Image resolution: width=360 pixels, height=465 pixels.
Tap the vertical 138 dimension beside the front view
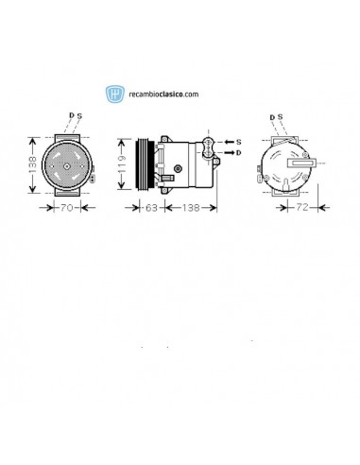[34, 162]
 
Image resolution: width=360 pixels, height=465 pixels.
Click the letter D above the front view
[70, 115]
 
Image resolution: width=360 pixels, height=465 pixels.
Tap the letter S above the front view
[79, 115]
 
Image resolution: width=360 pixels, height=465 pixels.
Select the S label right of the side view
[238, 140]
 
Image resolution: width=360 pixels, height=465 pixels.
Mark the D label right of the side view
[238, 152]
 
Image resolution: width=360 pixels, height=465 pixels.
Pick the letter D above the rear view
[272, 117]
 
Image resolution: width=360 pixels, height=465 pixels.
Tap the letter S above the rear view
[281, 117]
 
